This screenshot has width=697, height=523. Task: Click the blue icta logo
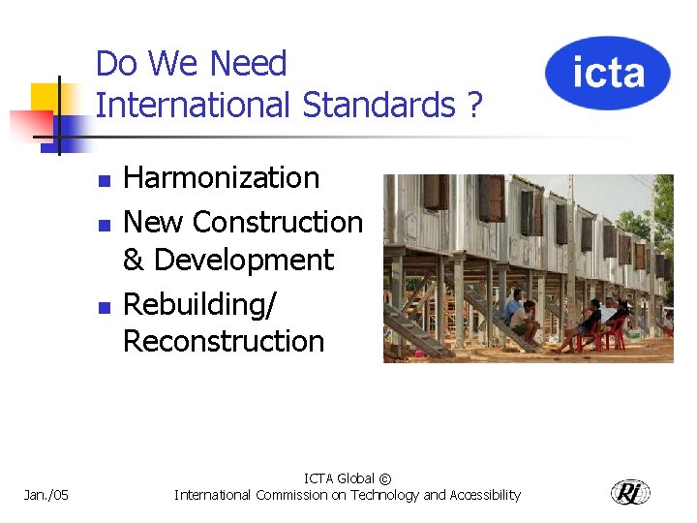[607, 73]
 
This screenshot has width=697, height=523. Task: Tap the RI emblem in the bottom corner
[630, 492]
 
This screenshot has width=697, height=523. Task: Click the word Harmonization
[222, 178]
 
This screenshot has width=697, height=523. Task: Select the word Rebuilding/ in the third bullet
[199, 304]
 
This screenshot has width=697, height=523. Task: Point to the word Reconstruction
[224, 342]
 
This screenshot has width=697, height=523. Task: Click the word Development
[243, 261]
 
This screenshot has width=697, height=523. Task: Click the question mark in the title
[472, 105]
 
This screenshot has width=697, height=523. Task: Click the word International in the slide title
[194, 105]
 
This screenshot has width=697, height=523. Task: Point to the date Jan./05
[45, 495]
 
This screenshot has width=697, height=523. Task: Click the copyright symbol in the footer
[385, 478]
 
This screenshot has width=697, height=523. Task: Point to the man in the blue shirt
[513, 306]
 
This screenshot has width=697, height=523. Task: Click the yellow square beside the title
[45, 99]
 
